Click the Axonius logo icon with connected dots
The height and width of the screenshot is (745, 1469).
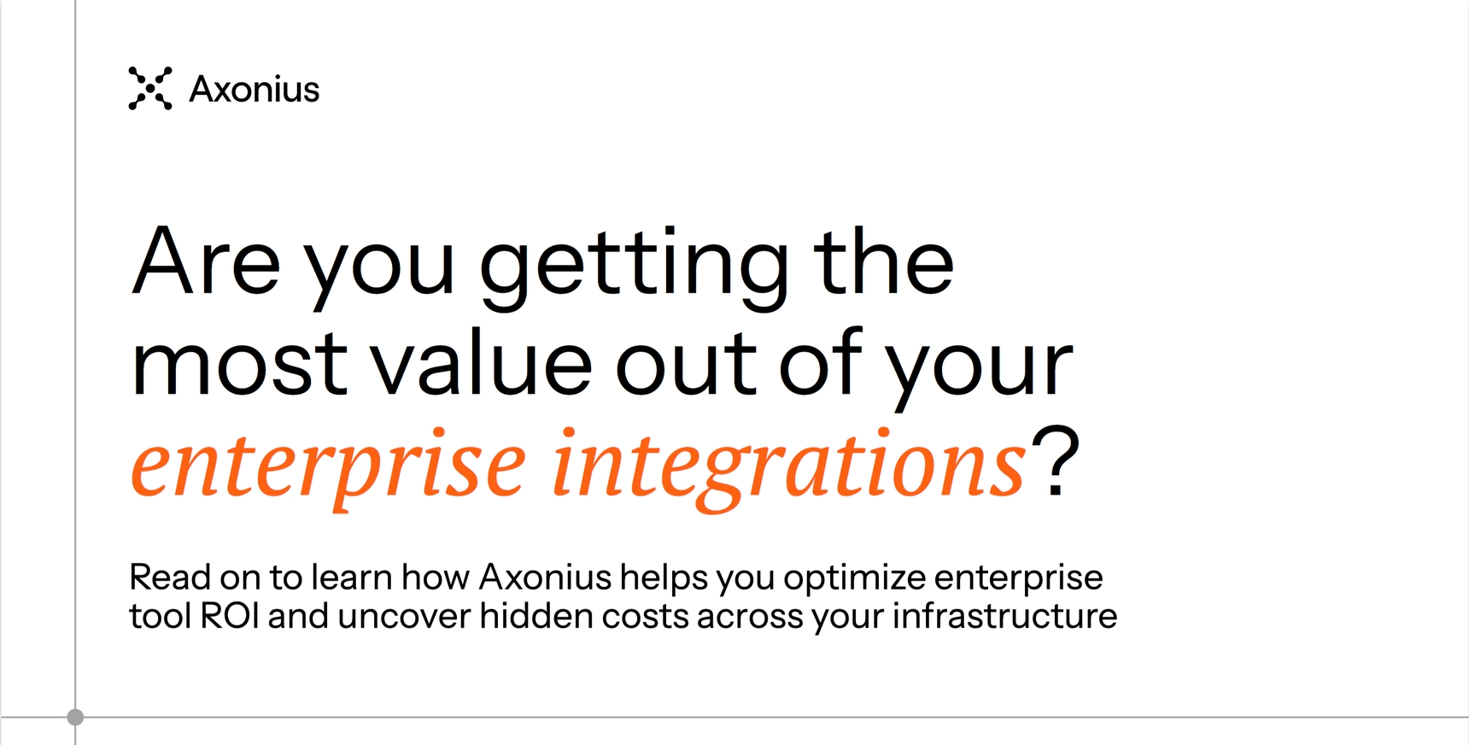click(x=150, y=88)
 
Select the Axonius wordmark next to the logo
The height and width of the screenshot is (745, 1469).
click(x=255, y=89)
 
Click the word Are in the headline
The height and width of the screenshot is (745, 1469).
click(x=206, y=261)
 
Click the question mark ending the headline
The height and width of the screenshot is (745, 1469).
click(x=1056, y=461)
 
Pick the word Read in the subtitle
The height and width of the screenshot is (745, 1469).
click(x=170, y=578)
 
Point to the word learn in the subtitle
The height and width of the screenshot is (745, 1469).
click(x=351, y=578)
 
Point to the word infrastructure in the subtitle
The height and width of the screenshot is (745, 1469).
click(x=1004, y=616)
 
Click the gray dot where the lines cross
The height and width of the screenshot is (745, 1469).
click(x=75, y=717)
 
